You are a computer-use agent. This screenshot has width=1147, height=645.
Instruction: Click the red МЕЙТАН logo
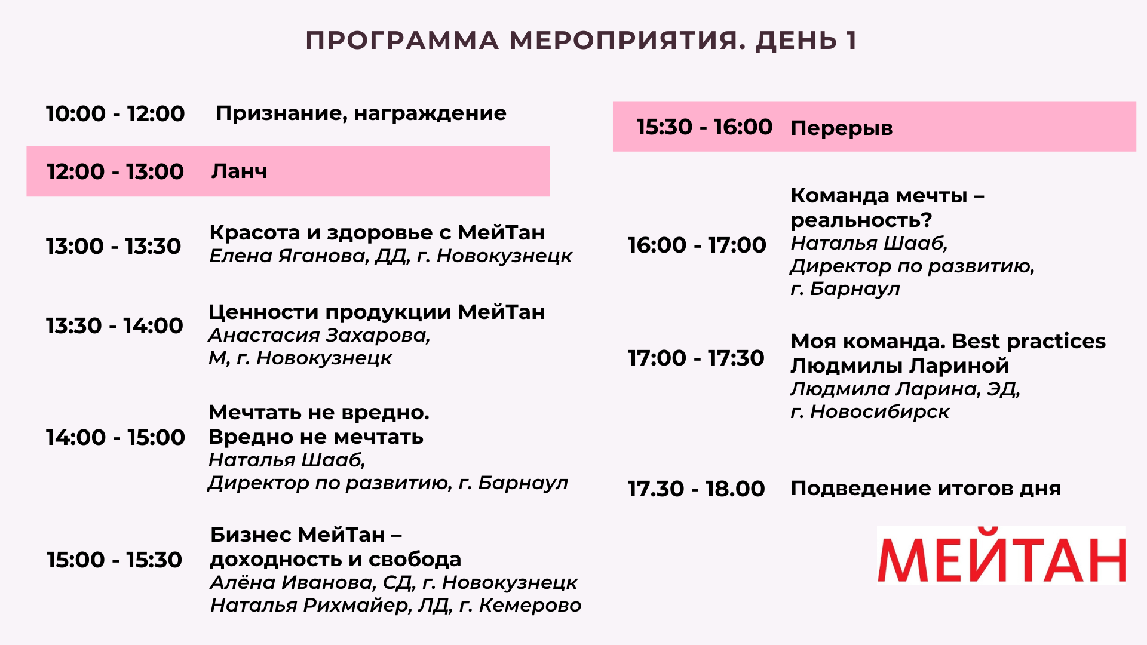[1001, 555]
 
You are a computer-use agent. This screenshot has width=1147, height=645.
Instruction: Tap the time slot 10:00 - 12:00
[115, 113]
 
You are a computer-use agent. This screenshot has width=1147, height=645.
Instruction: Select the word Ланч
[239, 171]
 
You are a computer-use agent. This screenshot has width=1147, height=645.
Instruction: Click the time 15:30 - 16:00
[704, 127]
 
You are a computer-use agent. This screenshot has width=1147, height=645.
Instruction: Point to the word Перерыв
[842, 128]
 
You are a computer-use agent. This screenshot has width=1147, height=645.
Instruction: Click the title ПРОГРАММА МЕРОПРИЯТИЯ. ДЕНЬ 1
[581, 41]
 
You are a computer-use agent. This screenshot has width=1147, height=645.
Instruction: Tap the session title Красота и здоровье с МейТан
[377, 232]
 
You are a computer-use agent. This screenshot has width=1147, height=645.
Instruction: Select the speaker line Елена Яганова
[391, 256]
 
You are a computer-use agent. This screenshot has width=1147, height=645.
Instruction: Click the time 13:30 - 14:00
[115, 325]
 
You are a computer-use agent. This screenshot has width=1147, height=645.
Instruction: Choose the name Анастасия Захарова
[319, 336]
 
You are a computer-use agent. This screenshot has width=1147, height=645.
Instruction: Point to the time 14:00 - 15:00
[115, 437]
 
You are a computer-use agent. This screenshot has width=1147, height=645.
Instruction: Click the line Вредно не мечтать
[316, 437]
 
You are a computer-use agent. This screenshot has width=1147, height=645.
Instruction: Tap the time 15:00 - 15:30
[115, 560]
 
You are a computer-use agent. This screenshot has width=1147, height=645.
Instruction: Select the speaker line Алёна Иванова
[394, 582]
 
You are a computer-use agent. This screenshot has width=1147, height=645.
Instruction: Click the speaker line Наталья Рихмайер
[395, 606]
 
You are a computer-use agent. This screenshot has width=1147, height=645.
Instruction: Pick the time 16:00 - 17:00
[697, 245]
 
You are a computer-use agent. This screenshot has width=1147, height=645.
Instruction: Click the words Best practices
[1029, 341]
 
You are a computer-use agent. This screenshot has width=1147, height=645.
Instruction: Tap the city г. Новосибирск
[870, 411]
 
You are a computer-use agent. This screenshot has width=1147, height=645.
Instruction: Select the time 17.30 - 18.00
[696, 489]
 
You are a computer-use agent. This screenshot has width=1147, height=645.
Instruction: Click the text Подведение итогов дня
[926, 489]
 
